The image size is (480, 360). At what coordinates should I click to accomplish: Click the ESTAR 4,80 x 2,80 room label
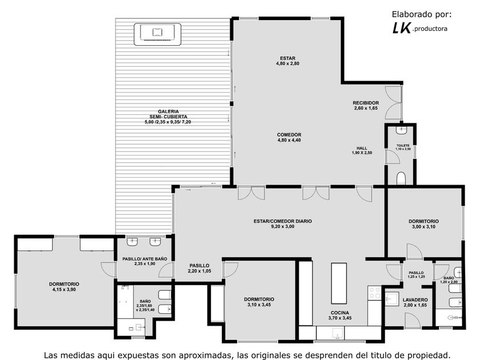pyautogui.click(x=287, y=61)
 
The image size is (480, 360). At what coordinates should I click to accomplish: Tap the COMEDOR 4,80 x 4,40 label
pyautogui.click(x=289, y=138)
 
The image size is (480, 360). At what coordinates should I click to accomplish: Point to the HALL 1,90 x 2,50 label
pyautogui.click(x=362, y=150)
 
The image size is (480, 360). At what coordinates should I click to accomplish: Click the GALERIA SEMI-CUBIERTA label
pyautogui.click(x=168, y=117)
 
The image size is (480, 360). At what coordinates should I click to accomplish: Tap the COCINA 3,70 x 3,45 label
pyautogui.click(x=340, y=315)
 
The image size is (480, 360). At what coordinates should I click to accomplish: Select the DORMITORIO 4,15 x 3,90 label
pyautogui.click(x=64, y=287)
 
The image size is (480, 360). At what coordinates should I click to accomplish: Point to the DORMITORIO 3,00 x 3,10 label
pyautogui.click(x=423, y=224)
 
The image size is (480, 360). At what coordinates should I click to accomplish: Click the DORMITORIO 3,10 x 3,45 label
pyautogui.click(x=259, y=302)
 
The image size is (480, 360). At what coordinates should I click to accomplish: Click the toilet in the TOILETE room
pyautogui.click(x=401, y=178)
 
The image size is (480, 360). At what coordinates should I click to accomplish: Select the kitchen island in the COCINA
pyautogui.click(x=339, y=283)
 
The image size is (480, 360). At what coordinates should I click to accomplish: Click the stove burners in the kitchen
pyautogui.click(x=374, y=293)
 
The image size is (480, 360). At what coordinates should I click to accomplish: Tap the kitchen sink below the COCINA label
pyautogui.click(x=337, y=333)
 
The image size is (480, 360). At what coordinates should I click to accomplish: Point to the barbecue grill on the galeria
pyautogui.click(x=157, y=34)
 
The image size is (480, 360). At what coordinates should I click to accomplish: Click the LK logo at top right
pyautogui.click(x=401, y=28)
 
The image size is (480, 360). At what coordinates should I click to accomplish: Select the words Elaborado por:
pyautogui.click(x=422, y=14)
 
